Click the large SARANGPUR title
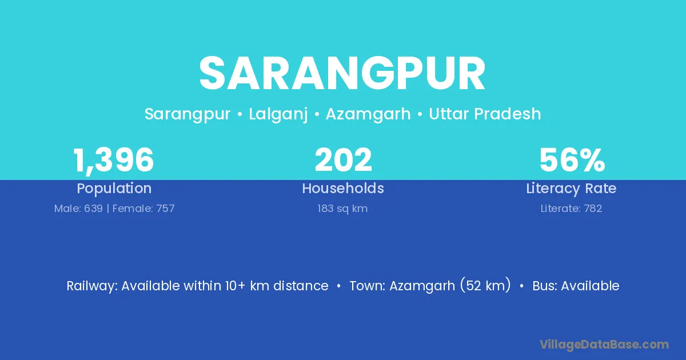[342, 74]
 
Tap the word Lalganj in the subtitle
[278, 114]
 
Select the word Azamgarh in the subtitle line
[368, 114]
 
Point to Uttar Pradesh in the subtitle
[485, 114]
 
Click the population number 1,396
[113, 161]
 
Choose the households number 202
[344, 160]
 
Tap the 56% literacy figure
[572, 160]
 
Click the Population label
[114, 189]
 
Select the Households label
[343, 188]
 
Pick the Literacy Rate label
[571, 189]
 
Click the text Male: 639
[78, 209]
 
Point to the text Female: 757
[143, 209]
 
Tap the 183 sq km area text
[342, 209]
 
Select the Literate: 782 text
[571, 209]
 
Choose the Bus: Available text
[576, 286]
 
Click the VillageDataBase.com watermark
[604, 345]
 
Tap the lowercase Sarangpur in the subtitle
[187, 114]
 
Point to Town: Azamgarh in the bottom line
[402, 286]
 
